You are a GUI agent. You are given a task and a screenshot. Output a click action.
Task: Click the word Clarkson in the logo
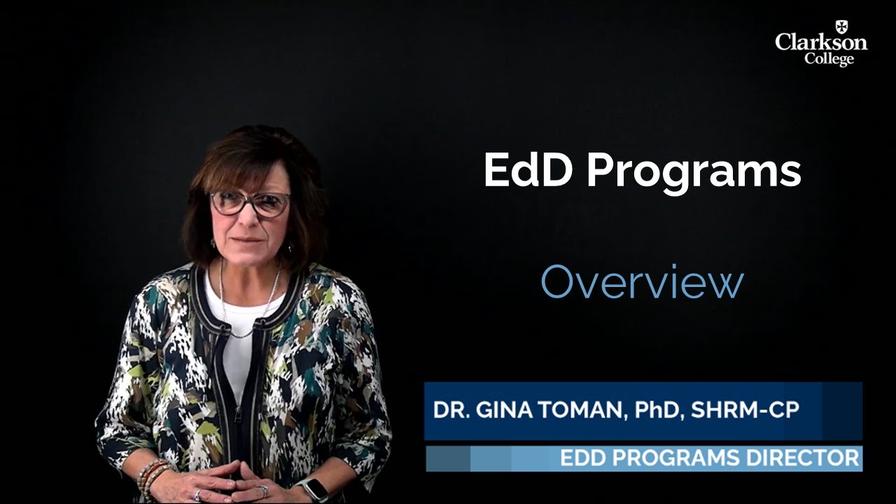pos(820,43)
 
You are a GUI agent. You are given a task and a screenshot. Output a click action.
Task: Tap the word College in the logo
pos(829,59)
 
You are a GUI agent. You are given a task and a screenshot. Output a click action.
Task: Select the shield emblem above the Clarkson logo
pos(841,27)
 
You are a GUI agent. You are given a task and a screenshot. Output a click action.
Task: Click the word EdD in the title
pos(526,171)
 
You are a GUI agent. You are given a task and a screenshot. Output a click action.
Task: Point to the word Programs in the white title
pos(694,172)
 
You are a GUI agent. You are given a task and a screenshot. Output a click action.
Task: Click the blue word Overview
pos(642,283)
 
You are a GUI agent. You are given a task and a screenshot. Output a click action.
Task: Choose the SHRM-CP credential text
pos(744,410)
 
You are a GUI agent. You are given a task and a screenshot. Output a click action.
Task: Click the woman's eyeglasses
pos(250,203)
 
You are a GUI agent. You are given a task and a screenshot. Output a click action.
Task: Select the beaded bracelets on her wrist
pos(151,475)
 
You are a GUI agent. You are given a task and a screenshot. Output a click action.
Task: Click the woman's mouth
pos(248,240)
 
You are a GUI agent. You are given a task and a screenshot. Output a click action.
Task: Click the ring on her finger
pos(264,491)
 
